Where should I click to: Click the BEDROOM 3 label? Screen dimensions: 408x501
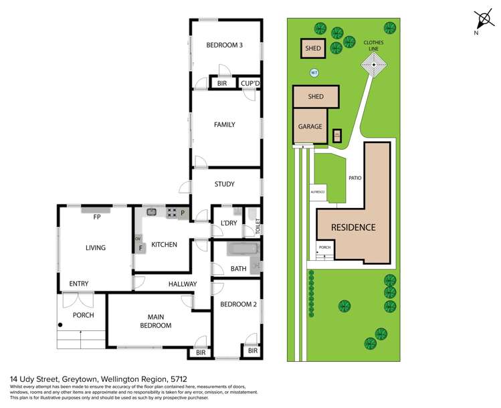tap(224, 45)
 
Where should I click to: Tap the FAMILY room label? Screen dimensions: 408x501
tap(224, 124)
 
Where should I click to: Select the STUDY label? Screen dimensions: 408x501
tap(224, 184)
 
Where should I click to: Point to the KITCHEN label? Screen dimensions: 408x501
tap(164, 245)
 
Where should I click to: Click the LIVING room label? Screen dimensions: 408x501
tap(95, 247)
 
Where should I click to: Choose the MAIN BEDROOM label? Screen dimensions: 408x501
tap(155, 320)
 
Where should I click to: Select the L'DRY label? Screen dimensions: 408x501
tap(221, 222)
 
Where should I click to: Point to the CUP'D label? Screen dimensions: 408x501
tap(250, 84)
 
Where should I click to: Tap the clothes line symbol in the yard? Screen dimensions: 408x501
tap(374, 65)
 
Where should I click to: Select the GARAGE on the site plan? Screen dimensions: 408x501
tap(310, 126)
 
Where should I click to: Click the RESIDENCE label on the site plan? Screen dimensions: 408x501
tap(353, 227)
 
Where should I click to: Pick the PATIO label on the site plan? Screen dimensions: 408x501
tap(355, 179)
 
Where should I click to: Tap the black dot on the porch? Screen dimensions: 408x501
tap(61, 325)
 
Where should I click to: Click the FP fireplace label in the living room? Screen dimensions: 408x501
tap(97, 217)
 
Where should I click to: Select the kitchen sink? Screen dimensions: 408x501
tap(153, 213)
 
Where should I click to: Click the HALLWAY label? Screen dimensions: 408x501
tap(182, 284)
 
